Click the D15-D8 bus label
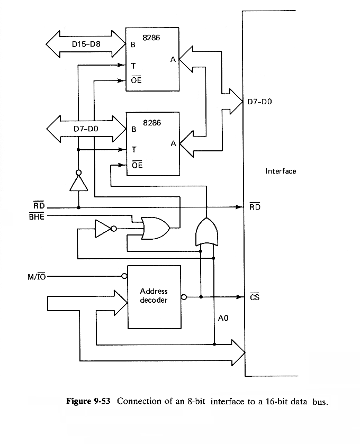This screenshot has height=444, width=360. tap(85, 43)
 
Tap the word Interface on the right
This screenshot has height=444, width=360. tap(281, 171)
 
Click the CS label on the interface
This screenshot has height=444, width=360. tap(254, 297)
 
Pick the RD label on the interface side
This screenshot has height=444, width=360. tap(255, 207)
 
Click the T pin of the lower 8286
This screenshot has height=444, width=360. tap(134, 150)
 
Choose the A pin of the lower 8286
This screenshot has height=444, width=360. tap(173, 143)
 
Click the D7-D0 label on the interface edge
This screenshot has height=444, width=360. tap(259, 101)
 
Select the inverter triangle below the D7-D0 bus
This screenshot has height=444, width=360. tap(78, 183)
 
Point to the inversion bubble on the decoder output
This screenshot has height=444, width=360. tap(183, 297)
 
